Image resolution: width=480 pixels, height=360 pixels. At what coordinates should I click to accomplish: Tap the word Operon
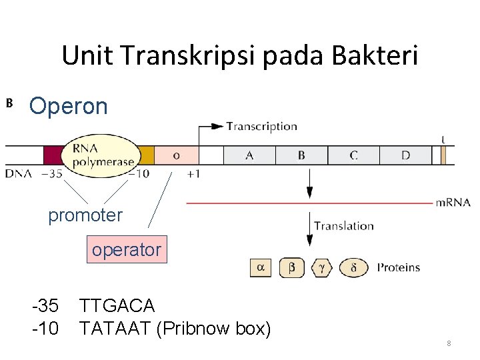(69, 106)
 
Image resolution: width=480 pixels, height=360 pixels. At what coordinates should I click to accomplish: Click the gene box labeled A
(249, 155)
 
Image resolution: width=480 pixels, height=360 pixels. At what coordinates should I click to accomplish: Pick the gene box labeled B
(301, 155)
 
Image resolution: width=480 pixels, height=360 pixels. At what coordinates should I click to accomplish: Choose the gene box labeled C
(353, 155)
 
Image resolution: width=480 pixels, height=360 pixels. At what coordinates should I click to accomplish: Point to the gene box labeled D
(405, 155)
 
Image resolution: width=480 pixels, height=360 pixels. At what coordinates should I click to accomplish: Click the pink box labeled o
(176, 155)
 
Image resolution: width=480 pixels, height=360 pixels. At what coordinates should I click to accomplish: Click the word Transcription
(261, 126)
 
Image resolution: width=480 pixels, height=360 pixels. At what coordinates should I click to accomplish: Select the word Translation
(344, 226)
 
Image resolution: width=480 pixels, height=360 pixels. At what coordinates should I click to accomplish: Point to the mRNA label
(453, 203)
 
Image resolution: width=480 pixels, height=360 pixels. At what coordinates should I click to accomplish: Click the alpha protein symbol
(261, 267)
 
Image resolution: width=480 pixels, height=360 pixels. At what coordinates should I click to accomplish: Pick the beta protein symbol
(291, 267)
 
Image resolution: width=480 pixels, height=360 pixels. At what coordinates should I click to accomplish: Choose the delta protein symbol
(353, 267)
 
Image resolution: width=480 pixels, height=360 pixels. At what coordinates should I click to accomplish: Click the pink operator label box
(127, 250)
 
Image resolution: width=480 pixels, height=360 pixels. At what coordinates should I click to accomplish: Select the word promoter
(85, 215)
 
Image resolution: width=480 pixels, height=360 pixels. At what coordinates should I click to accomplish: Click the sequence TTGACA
(117, 306)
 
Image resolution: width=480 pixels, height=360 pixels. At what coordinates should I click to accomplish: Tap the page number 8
(449, 343)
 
